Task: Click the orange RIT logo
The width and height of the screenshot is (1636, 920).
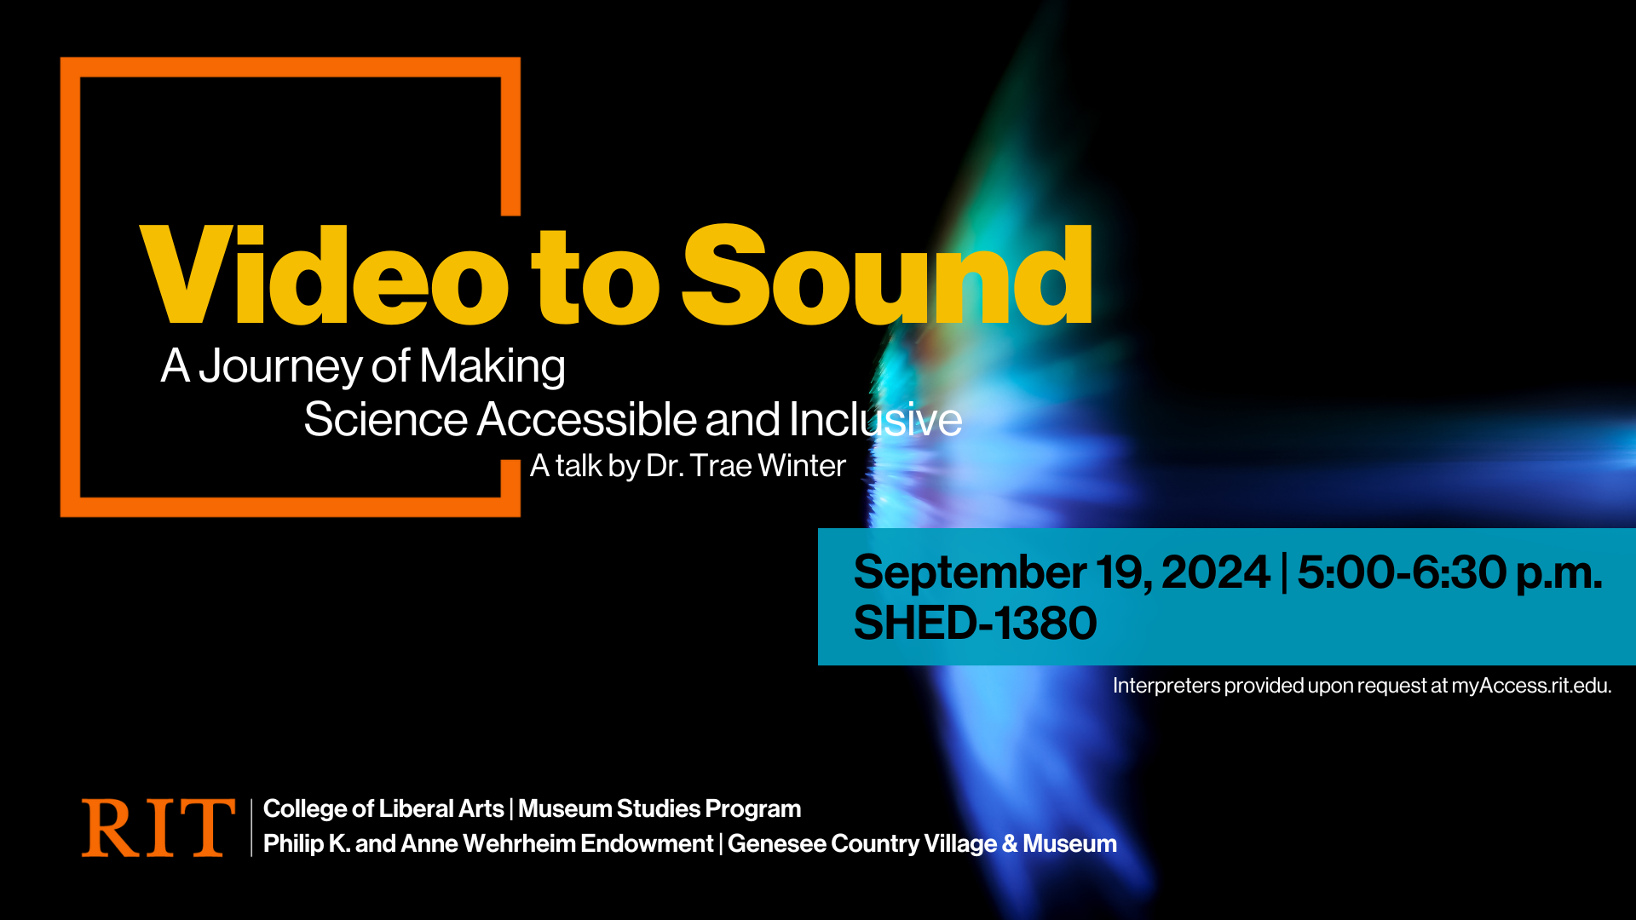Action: (x=158, y=827)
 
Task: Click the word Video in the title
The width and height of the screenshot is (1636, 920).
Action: (x=325, y=275)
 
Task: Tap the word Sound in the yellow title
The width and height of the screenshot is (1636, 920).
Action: (x=887, y=275)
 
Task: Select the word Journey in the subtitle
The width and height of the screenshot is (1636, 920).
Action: (x=281, y=366)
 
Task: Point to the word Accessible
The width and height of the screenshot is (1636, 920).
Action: (x=587, y=419)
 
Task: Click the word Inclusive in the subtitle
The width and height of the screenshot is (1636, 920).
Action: (x=875, y=419)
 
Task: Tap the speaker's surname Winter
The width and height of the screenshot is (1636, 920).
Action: (x=801, y=466)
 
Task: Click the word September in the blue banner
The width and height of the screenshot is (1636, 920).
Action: (x=969, y=573)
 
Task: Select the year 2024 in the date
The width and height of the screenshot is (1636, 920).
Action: (x=1215, y=572)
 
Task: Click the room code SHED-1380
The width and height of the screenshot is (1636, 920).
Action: (x=975, y=623)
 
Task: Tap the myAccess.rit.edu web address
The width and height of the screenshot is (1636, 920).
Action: (x=1531, y=686)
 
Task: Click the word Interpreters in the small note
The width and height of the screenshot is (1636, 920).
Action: (x=1167, y=686)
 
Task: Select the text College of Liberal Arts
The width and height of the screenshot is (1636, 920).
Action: (x=383, y=808)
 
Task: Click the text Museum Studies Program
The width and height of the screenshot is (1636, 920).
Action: (x=660, y=808)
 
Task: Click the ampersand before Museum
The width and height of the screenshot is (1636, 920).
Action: (x=1010, y=843)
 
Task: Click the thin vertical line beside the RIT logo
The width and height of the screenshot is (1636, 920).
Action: (x=251, y=827)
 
